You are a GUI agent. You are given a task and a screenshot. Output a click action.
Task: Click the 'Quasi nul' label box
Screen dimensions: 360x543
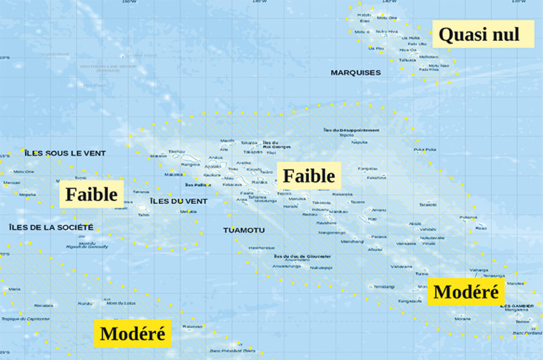[x=479, y=34]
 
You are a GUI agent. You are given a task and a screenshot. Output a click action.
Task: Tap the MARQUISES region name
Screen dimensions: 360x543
[x=355, y=73]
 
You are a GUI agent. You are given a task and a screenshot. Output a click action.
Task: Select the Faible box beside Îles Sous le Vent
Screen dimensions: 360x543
[x=92, y=194]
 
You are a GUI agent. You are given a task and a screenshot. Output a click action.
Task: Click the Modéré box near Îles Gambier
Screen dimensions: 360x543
[x=466, y=292]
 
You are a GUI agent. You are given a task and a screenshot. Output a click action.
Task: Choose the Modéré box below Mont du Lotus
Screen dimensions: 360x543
[x=132, y=333]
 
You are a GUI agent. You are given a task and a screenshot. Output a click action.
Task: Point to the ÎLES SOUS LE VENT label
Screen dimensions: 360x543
[x=64, y=153]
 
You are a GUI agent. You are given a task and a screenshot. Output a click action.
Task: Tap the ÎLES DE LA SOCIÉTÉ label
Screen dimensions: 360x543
[x=51, y=227]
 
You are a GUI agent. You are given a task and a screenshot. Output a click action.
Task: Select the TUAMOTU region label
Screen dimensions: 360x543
[x=244, y=230]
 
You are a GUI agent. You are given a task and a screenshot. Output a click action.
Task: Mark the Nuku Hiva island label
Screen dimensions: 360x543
[x=387, y=31]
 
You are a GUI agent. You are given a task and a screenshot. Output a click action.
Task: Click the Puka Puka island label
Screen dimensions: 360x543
[x=425, y=150]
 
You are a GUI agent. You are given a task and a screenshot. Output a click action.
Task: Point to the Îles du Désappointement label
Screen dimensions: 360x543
[x=351, y=130]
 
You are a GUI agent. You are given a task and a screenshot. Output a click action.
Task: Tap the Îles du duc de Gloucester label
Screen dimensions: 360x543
[x=302, y=256]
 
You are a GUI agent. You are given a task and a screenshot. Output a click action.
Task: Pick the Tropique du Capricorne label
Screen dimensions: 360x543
[x=24, y=318]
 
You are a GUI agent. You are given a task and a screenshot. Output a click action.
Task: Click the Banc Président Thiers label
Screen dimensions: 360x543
[x=233, y=351]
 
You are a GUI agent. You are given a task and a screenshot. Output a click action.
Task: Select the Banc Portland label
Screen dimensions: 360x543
[x=528, y=333]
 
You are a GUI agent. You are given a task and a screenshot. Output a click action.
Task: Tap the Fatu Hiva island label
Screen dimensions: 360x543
[x=429, y=69]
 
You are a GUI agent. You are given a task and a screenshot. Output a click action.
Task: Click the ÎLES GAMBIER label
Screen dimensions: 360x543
[x=518, y=306]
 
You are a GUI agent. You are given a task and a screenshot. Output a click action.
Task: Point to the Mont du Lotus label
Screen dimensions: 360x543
[x=121, y=303]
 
